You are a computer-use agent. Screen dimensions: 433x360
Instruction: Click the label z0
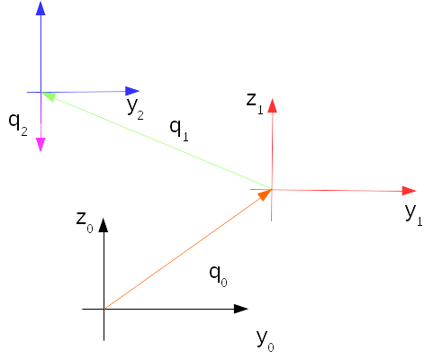[85, 221]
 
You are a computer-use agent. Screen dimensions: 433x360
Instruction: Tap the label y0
[266, 340]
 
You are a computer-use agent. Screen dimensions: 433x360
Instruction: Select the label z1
[255, 103]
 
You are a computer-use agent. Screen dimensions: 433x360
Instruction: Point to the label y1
[414, 215]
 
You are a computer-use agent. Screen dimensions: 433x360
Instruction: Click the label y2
[135, 108]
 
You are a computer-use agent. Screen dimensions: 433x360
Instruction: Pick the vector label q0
[218, 276]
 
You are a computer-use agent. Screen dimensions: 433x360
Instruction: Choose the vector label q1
[179, 130]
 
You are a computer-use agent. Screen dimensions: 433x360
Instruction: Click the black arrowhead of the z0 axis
[104, 225]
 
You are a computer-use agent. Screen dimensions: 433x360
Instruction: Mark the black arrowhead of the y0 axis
[241, 309]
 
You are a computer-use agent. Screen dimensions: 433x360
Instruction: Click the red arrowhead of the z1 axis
[272, 105]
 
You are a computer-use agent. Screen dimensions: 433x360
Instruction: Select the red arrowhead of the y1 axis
[409, 191]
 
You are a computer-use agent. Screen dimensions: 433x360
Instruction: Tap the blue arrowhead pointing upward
[41, 8]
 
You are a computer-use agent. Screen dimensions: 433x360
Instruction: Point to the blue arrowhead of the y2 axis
[132, 91]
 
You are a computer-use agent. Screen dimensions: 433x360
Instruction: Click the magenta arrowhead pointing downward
[41, 145]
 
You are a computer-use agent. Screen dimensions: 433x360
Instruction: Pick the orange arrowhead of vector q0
[265, 194]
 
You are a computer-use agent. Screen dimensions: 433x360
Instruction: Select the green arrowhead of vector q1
[49, 96]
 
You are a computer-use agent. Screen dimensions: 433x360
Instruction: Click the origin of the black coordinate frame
[104, 309]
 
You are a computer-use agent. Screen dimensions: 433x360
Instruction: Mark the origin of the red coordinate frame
[272, 189]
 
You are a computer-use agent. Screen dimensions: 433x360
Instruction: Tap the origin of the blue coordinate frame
[41, 92]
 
